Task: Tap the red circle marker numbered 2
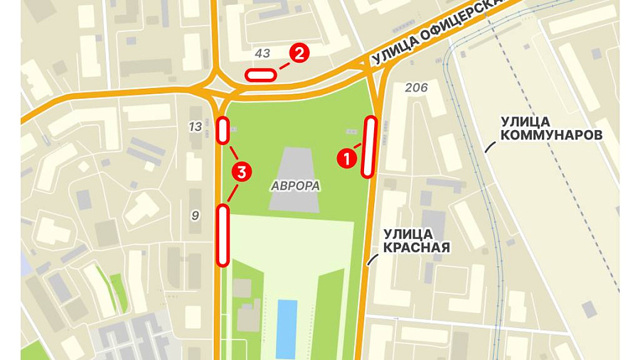(299, 53)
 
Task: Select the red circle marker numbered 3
(242, 171)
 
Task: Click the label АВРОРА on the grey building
(295, 186)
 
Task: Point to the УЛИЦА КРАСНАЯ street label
(417, 240)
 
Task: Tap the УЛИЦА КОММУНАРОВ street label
(551, 128)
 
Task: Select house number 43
(262, 53)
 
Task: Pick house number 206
(416, 88)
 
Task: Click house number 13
(196, 127)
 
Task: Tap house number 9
(195, 215)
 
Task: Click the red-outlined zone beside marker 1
(369, 147)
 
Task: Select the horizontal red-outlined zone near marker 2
(260, 74)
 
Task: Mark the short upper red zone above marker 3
(223, 130)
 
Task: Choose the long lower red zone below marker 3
(223, 235)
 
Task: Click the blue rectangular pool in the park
(287, 329)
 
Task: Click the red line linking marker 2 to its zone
(284, 65)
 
